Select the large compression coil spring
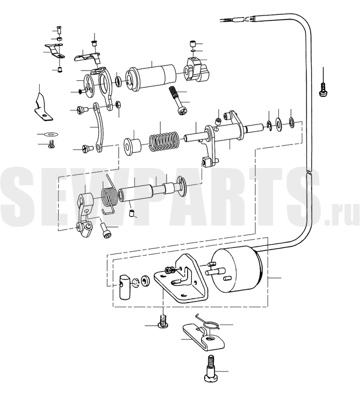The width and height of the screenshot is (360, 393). [x=165, y=142]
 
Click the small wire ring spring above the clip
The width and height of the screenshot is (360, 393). [x=209, y=324]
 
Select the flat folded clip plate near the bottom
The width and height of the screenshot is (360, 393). [x=203, y=337]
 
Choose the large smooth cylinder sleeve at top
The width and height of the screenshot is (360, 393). [x=151, y=77]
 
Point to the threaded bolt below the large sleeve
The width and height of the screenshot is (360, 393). [x=176, y=101]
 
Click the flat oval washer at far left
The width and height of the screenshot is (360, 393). [x=50, y=134]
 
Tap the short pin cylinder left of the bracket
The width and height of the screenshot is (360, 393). [x=125, y=287]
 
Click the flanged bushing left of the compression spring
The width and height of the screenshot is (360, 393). [x=133, y=146]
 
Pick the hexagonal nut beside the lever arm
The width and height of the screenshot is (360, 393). [x=118, y=104]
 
